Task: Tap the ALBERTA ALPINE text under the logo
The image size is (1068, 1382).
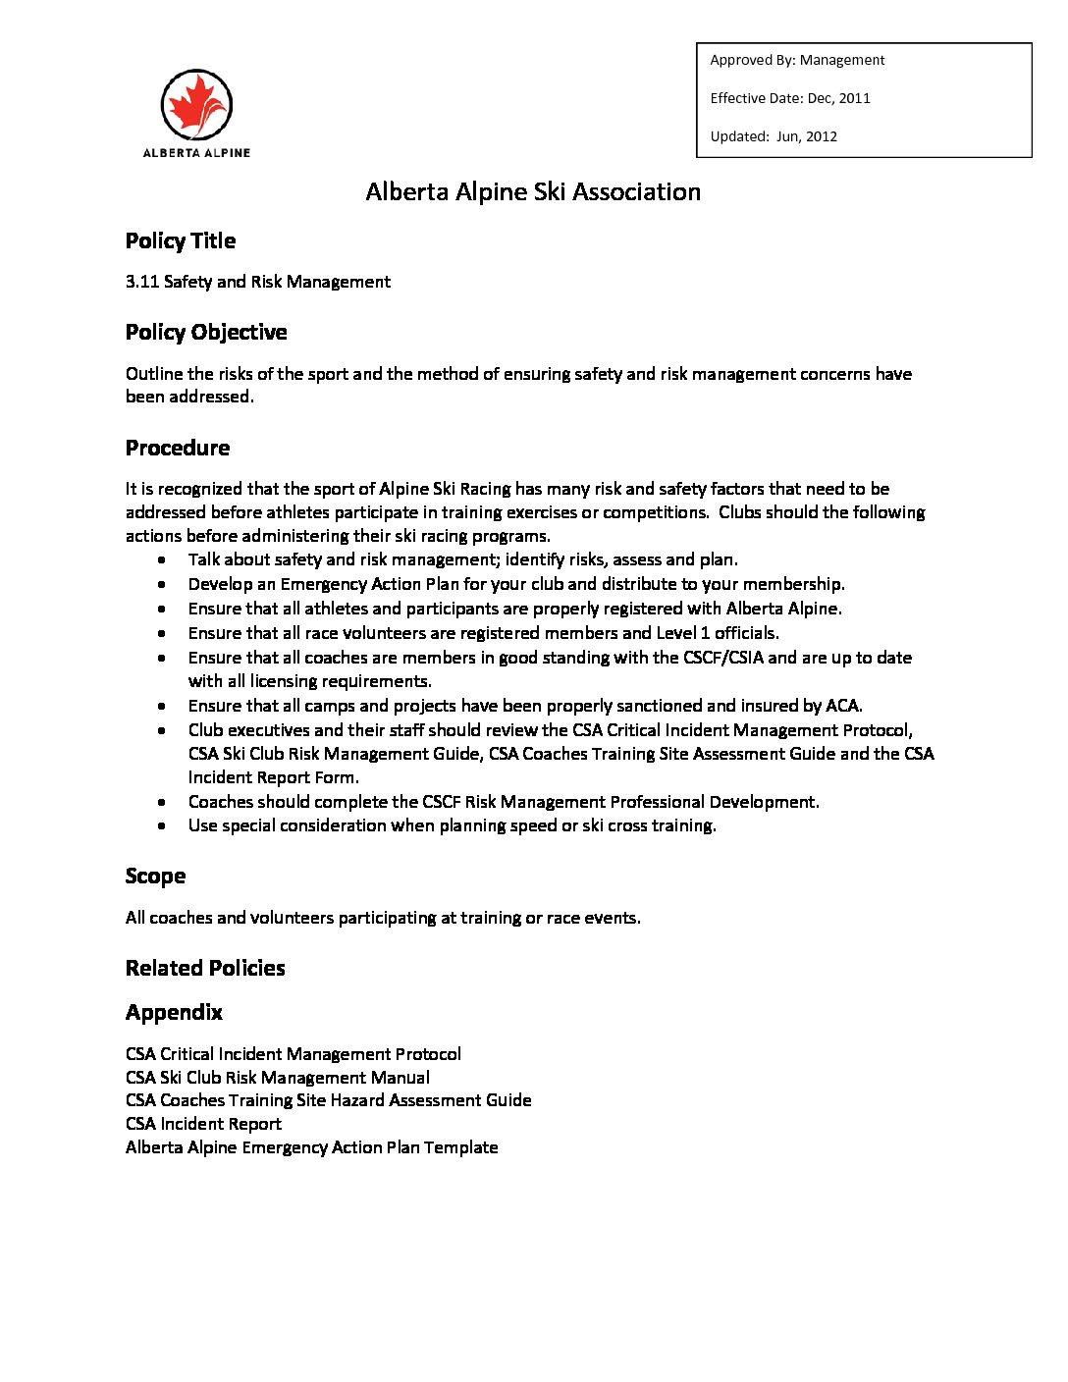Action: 196,153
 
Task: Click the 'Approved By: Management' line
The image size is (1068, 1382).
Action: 797,60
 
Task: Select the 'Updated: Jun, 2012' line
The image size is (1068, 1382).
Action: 774,136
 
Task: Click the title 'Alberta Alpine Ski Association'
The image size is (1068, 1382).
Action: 533,191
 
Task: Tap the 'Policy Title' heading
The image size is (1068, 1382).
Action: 181,241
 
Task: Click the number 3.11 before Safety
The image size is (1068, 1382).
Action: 142,282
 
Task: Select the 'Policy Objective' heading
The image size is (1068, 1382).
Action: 206,333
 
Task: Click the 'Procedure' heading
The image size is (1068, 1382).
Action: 178,449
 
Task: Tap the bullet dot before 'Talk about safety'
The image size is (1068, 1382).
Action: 161,560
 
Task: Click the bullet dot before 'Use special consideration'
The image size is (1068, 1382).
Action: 161,826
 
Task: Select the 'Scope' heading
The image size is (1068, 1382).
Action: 155,877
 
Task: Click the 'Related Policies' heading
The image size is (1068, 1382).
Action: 205,969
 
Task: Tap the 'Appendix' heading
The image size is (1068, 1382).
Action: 174,1013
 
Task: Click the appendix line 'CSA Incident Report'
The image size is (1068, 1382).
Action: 203,1124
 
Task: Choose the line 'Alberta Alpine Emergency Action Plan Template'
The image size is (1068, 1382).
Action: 311,1147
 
